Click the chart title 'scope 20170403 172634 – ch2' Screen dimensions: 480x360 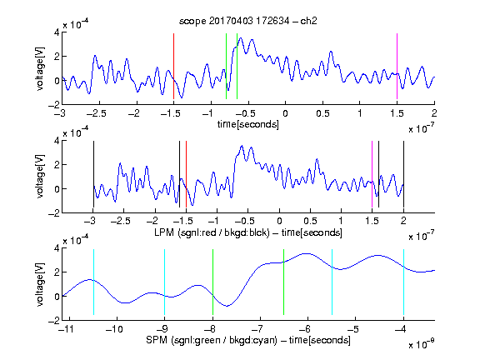(x=248, y=21)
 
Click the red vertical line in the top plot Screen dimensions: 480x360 (x=173, y=66)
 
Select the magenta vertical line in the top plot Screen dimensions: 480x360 (x=397, y=66)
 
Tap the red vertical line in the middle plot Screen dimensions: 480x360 (x=186, y=174)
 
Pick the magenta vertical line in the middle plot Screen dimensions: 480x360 (x=372, y=174)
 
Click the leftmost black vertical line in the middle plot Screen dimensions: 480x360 (x=93, y=174)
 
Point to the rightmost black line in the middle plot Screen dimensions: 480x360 (x=403, y=174)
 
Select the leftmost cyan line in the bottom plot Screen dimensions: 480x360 (x=93, y=282)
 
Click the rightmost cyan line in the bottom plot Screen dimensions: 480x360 (x=403, y=282)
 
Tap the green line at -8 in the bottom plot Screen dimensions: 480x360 (x=212, y=282)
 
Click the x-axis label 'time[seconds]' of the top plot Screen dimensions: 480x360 (x=248, y=124)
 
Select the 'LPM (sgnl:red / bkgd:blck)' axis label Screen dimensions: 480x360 (x=212, y=232)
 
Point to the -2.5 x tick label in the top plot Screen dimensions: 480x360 (x=96, y=113)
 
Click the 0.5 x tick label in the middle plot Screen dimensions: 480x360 (x=310, y=221)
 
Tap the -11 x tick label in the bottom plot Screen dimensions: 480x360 (x=66, y=329)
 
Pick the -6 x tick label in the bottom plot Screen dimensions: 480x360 (x=304, y=329)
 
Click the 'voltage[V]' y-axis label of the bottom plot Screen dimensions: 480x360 (x=40, y=284)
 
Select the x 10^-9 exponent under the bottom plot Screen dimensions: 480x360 (x=421, y=344)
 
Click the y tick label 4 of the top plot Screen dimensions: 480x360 (x=57, y=32)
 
